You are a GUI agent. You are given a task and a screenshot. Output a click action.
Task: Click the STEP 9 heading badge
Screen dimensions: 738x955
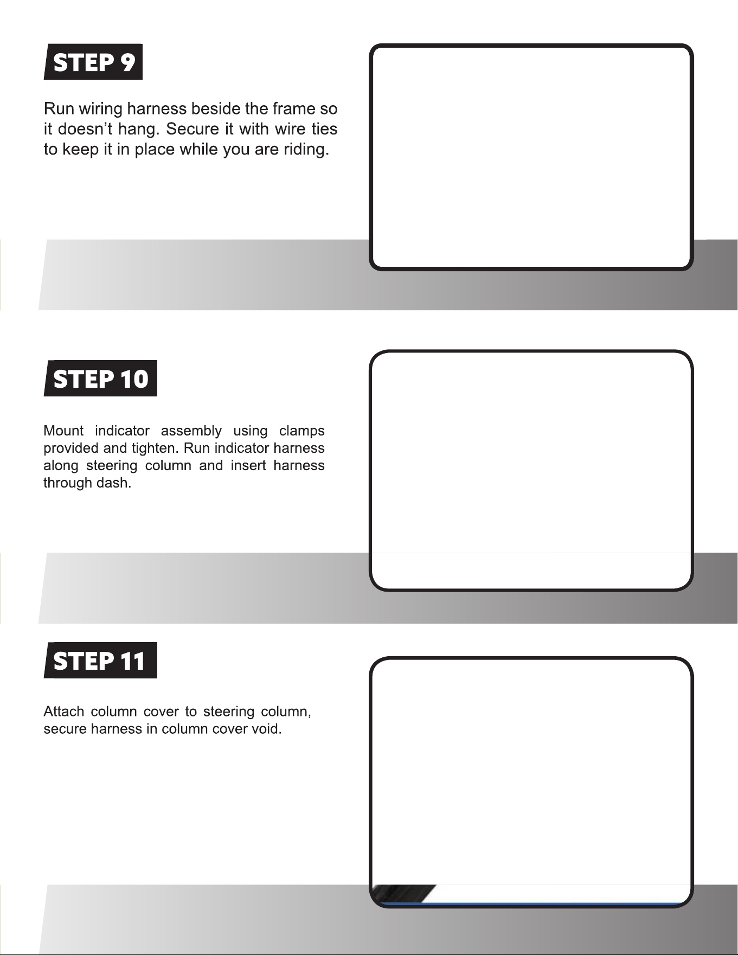[93, 62]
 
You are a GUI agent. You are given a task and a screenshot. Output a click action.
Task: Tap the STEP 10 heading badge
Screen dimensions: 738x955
[100, 378]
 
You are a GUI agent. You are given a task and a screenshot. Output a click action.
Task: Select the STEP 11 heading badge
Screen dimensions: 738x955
[100, 660]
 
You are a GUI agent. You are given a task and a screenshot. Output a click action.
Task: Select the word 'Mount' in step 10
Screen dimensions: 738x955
[63, 431]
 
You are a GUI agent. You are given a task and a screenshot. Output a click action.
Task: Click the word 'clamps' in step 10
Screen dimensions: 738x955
[301, 431]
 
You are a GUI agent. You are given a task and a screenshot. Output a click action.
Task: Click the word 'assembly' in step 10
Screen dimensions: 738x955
[191, 431]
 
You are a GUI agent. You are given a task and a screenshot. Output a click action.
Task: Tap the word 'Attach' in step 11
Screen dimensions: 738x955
[63, 712]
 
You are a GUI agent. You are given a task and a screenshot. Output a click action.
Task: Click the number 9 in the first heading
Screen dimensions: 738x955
[127, 62]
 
